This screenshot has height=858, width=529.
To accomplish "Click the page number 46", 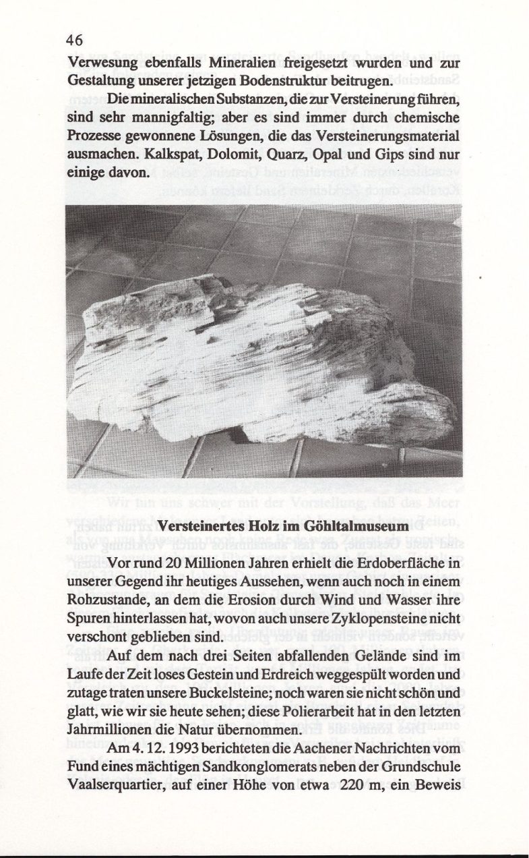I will [x=75, y=40].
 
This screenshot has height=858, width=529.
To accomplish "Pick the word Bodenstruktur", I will [x=297, y=82].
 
